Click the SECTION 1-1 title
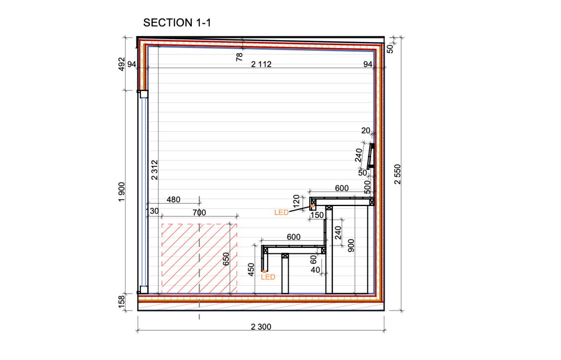point(177,23)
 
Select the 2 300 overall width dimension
point(261,327)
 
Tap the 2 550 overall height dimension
point(398,174)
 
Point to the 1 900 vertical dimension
point(122,192)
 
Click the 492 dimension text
point(122,64)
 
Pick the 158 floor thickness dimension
point(122,302)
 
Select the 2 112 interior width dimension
point(261,64)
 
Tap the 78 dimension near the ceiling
point(239,57)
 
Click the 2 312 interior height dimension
point(155,170)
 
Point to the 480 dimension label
point(173,199)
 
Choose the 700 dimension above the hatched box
point(199,213)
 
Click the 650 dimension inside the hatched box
point(226,259)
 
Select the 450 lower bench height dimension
point(251,270)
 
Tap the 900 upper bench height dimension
point(351,245)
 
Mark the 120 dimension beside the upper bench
point(296,201)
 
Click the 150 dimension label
point(317,215)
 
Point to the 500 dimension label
point(367,187)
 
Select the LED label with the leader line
point(281,213)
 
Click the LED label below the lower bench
point(268,277)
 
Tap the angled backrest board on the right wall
point(371,156)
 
